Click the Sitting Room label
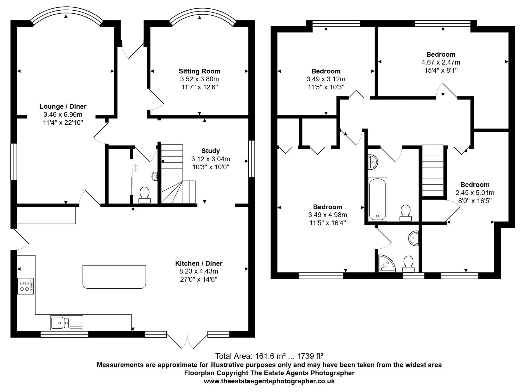tap(199, 71)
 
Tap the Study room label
tap(210, 151)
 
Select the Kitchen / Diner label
tap(199, 263)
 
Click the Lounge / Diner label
tap(63, 106)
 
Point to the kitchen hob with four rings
tap(25, 286)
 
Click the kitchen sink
tap(67, 323)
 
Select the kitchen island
tap(114, 277)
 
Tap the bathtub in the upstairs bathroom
tap(378, 199)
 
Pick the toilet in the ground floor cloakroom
tap(145, 195)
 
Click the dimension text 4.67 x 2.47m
tap(441, 62)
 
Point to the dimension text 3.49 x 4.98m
tap(328, 215)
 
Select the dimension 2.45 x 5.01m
tap(475, 193)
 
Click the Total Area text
tap(269, 356)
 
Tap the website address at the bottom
tap(269, 381)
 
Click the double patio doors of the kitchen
tap(187, 340)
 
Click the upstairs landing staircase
tap(433, 170)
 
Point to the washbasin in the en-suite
tap(414, 238)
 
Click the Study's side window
tap(252, 158)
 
